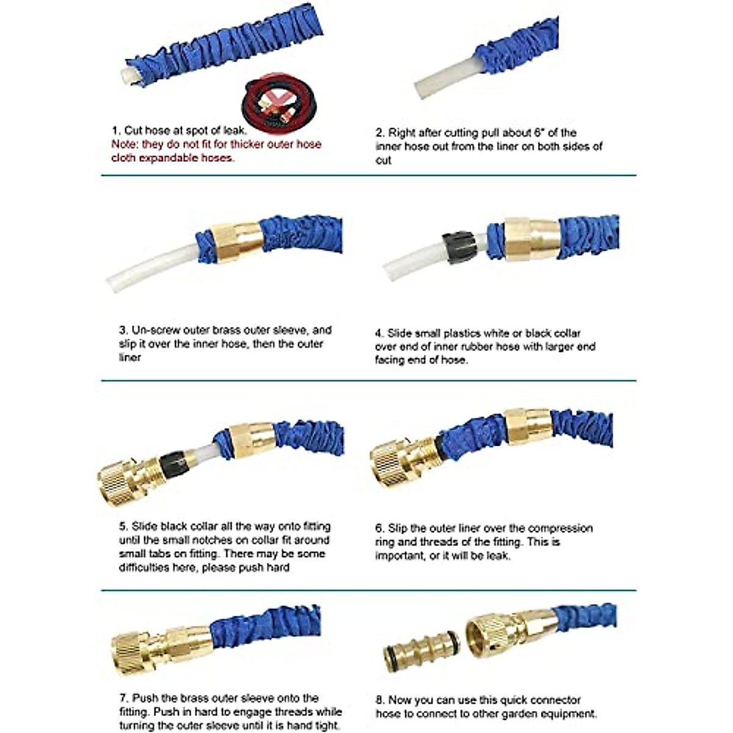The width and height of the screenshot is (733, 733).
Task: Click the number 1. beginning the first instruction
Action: coord(116,131)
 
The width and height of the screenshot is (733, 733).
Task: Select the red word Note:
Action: coord(125,145)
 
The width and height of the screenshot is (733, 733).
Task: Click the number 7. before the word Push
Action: coord(123,698)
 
